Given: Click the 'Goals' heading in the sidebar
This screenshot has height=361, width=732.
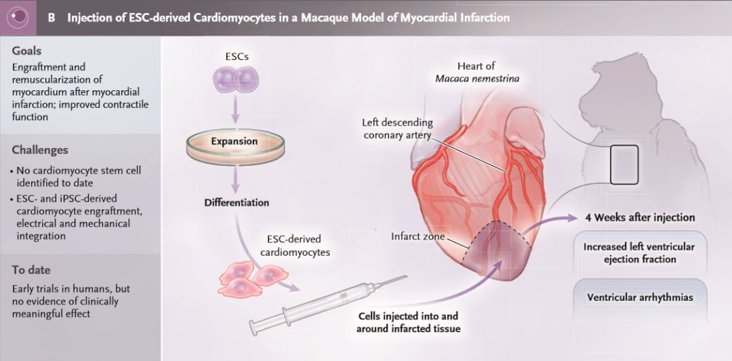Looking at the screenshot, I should point(27,51).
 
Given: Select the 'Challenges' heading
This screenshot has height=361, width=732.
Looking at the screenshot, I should point(40,150).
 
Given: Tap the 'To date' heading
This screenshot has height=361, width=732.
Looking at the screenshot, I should point(31,270).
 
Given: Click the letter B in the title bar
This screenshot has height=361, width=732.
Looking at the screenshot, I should point(52,18).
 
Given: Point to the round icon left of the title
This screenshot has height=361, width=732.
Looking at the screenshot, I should point(18,17).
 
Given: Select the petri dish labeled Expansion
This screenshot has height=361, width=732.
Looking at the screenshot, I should point(234,143).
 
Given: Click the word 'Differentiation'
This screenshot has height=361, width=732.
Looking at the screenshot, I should point(237,202).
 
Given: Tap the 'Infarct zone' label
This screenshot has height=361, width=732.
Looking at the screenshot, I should point(418,237).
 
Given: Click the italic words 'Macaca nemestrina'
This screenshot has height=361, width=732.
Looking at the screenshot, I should point(477,79).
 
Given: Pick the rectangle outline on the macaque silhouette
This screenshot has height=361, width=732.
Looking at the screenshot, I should point(624,164).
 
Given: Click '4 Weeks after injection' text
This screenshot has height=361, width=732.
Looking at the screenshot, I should point(640,218).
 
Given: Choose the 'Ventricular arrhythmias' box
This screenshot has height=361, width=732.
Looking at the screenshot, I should point(640,297).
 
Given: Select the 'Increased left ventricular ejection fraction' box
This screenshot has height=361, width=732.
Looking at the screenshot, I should point(640,252).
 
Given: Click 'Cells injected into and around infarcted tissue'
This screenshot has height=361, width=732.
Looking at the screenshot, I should point(408,322).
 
